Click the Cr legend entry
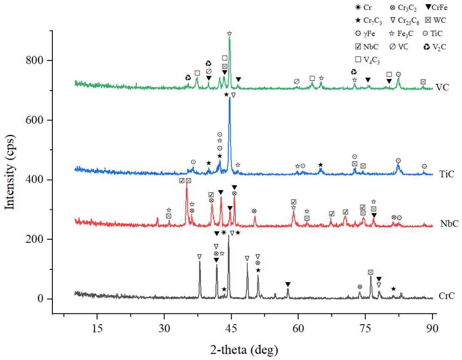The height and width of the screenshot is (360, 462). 363,7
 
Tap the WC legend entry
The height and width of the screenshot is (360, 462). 435,20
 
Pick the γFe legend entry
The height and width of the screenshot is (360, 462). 365,34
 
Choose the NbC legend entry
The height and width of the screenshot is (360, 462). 367,47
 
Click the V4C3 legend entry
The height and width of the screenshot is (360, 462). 368,60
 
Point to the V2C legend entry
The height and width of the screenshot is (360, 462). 435,47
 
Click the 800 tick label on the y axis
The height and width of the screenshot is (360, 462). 35,60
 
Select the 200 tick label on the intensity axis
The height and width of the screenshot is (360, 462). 35,239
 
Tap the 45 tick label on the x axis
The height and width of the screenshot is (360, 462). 231,328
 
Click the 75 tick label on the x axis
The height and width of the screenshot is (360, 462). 366,328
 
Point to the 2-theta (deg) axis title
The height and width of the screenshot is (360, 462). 244,350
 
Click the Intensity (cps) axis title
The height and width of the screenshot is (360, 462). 10,172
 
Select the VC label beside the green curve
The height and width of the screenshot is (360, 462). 442,87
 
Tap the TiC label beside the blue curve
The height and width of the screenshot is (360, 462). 447,174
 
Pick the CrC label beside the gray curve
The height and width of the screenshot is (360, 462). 447,296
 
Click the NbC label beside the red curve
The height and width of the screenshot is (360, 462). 450,224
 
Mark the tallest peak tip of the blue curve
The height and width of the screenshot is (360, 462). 230,97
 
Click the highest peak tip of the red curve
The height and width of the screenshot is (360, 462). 187,183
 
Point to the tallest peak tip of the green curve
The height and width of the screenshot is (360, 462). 230,37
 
